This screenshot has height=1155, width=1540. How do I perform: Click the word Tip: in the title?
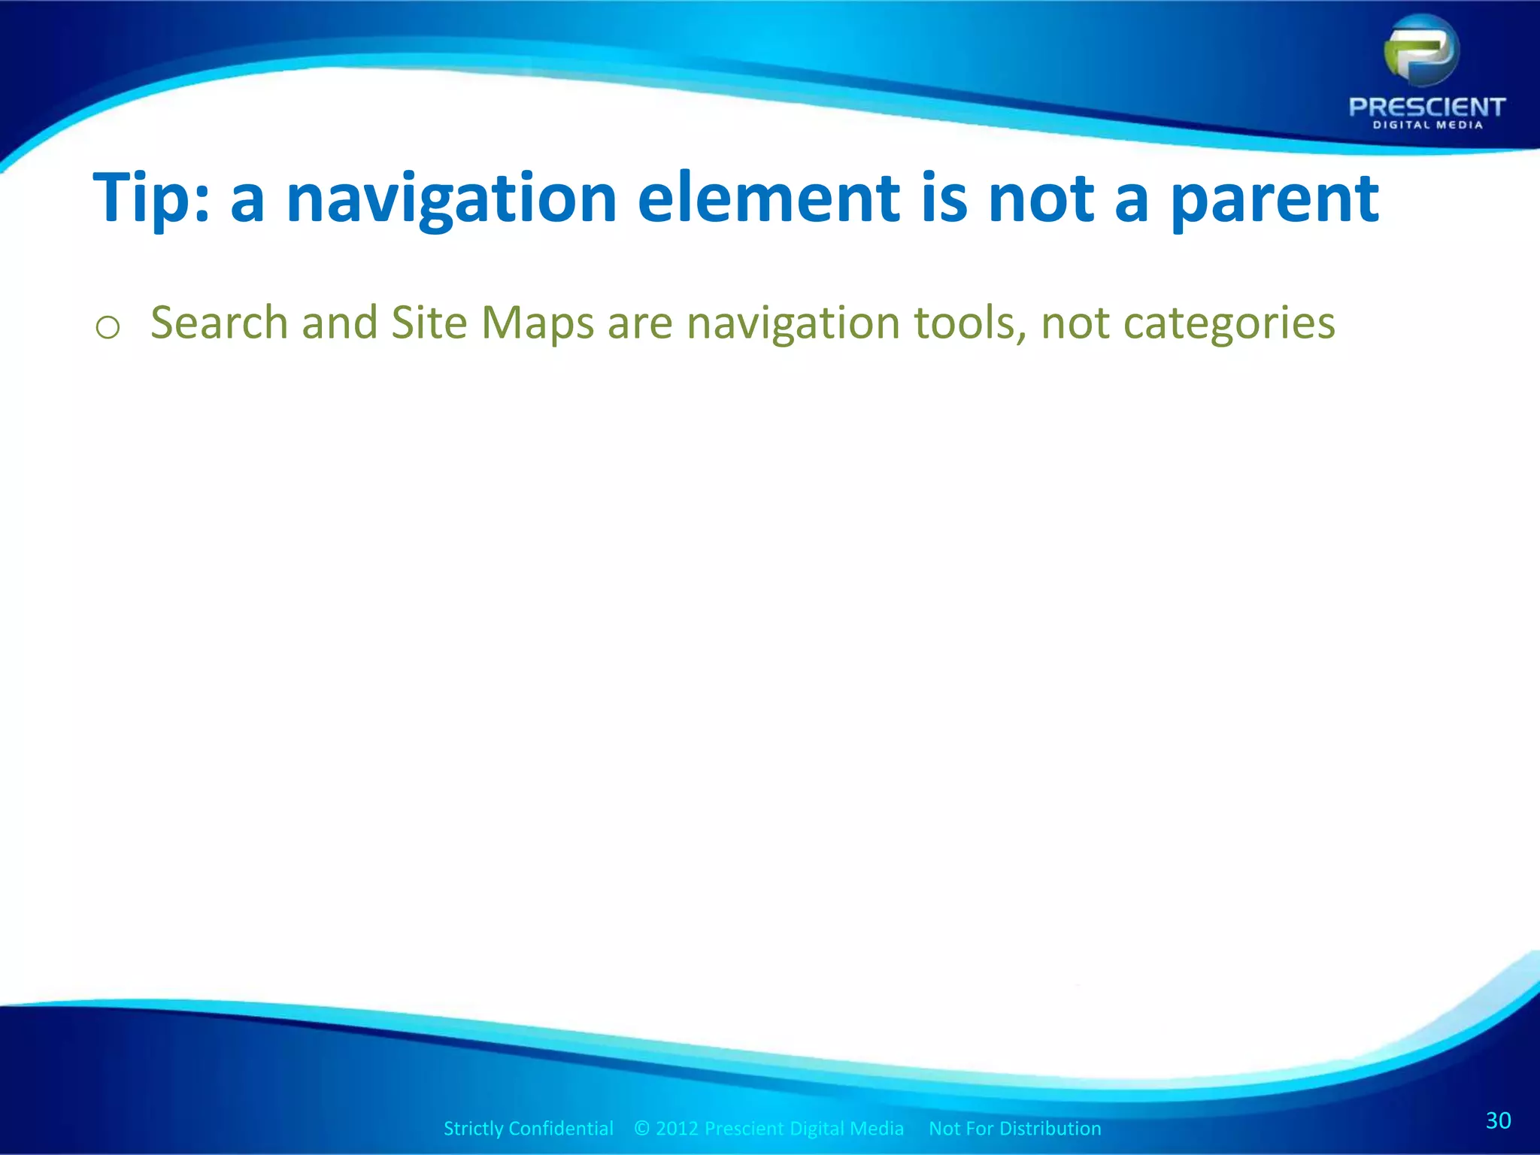pos(151,198)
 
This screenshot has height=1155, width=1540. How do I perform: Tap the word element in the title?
pos(768,198)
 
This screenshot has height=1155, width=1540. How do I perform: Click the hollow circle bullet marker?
pos(108,328)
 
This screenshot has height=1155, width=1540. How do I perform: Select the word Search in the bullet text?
pos(219,323)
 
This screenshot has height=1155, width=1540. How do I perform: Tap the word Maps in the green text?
pos(537,324)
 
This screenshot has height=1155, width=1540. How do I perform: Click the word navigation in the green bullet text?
pos(793,324)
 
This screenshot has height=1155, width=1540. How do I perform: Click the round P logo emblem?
pos(1422,52)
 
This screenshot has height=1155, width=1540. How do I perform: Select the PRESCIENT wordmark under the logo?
pos(1426,107)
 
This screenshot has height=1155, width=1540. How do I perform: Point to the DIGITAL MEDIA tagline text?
pos(1427,125)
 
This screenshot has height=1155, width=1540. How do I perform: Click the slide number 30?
pos(1498,1120)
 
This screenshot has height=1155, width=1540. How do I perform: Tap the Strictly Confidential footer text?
pos(528,1128)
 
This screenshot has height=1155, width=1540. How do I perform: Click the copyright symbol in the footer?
pos(641,1128)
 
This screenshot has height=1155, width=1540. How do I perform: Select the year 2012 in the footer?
pos(677,1128)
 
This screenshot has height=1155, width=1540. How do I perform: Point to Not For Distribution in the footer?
pos(1014,1128)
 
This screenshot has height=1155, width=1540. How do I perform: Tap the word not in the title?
pos(1041,198)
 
